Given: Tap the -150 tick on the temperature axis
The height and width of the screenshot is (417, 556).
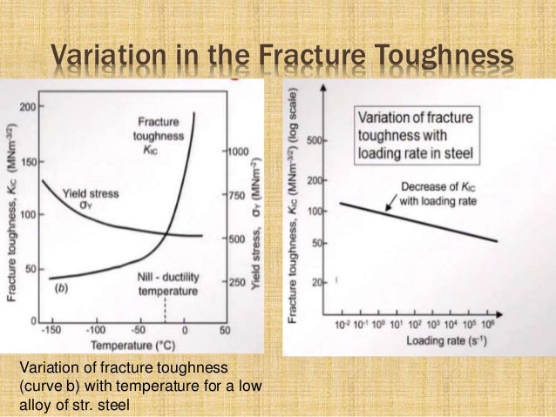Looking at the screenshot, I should point(55,330).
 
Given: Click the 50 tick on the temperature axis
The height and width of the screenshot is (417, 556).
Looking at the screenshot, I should point(223,330).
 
